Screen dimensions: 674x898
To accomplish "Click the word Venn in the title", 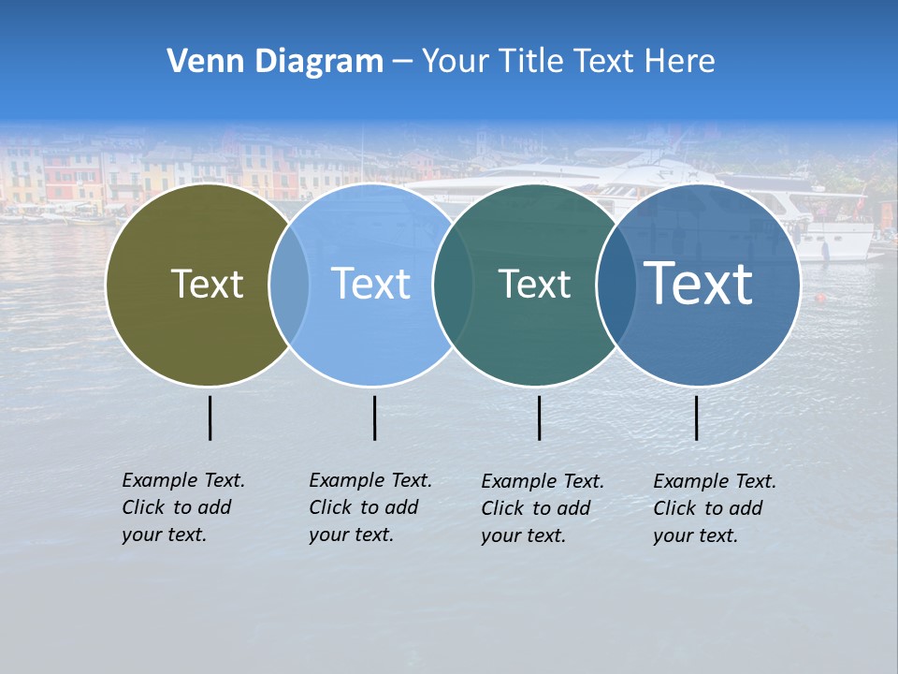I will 198,62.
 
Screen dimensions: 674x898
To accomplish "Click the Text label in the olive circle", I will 207,284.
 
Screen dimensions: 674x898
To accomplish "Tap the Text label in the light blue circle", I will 370,284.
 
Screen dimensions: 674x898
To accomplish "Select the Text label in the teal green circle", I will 534,285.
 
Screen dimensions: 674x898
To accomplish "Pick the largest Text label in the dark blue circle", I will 699,283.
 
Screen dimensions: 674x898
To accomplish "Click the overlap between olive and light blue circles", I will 290,285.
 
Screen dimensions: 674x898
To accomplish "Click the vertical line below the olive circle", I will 210,418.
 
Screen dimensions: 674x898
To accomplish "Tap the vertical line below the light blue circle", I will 374,418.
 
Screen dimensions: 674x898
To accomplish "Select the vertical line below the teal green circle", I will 539,418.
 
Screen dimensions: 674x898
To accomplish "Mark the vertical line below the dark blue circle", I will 697,418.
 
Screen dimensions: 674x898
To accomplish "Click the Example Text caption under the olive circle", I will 183,507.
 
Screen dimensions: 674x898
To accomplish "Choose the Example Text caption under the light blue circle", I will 370,507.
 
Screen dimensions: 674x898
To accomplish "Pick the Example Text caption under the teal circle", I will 543,508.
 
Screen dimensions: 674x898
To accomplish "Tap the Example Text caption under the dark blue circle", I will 715,508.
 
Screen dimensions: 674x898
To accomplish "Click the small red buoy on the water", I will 821,299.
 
